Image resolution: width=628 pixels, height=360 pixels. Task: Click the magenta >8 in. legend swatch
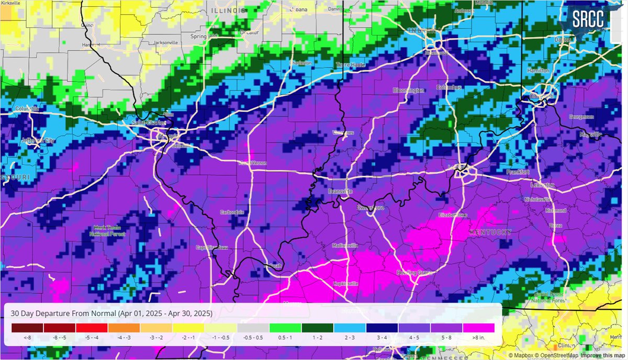(478, 328)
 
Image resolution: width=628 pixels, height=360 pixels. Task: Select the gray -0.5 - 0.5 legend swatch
(253, 328)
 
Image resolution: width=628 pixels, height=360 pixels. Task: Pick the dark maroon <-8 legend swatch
(27, 328)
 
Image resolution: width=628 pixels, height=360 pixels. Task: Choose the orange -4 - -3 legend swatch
(124, 328)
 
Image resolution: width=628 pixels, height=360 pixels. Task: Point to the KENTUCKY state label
(490, 232)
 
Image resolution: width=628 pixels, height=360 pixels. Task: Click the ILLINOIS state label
(228, 10)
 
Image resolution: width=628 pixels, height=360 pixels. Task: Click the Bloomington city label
(408, 91)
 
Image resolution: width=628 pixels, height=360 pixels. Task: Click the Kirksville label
(12, 3)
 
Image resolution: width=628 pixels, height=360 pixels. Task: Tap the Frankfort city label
(518, 172)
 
